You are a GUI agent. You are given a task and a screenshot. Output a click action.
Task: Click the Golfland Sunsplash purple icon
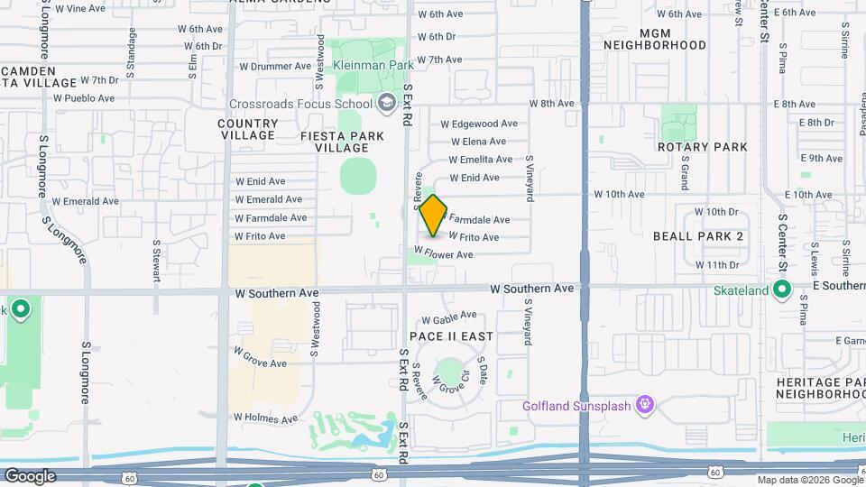pos(644,405)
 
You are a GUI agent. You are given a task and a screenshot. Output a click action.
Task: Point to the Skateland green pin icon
pos(782,290)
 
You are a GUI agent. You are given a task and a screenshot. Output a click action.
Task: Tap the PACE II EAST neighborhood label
pos(452,336)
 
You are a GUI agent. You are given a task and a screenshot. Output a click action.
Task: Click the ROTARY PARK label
pos(703,147)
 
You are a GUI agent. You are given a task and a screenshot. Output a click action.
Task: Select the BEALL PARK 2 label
pos(698,235)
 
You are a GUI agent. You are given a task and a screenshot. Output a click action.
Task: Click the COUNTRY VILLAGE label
pos(248,129)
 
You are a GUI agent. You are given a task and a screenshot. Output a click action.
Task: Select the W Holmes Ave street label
pos(265,418)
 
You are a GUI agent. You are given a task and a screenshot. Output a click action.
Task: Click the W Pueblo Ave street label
pos(84,98)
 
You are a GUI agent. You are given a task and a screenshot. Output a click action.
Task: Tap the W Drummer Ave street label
pos(275,66)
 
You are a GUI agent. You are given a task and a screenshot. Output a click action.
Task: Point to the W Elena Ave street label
pos(478,142)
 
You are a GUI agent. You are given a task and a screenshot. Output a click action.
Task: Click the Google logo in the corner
pos(30,476)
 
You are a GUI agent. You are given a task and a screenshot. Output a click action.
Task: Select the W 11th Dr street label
pos(717,265)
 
